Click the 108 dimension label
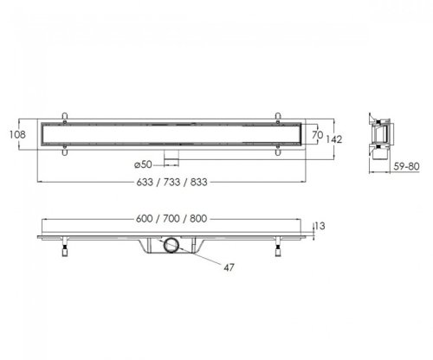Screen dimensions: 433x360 (17, 134)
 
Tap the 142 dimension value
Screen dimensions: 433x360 (334, 139)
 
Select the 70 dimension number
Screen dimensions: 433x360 (317, 135)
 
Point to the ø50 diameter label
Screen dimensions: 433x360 (143, 164)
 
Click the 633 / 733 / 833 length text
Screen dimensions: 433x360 (171, 182)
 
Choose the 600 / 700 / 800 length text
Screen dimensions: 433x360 (171, 219)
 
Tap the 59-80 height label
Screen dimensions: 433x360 (406, 166)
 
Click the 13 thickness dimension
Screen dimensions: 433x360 (320, 226)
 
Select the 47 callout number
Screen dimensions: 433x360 (229, 267)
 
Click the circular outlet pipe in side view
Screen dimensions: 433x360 (171, 245)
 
